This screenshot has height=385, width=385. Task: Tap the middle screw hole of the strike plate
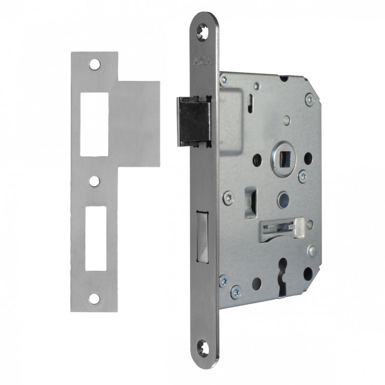94,181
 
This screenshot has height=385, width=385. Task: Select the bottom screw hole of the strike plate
94,298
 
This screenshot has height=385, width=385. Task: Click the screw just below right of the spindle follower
303,177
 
